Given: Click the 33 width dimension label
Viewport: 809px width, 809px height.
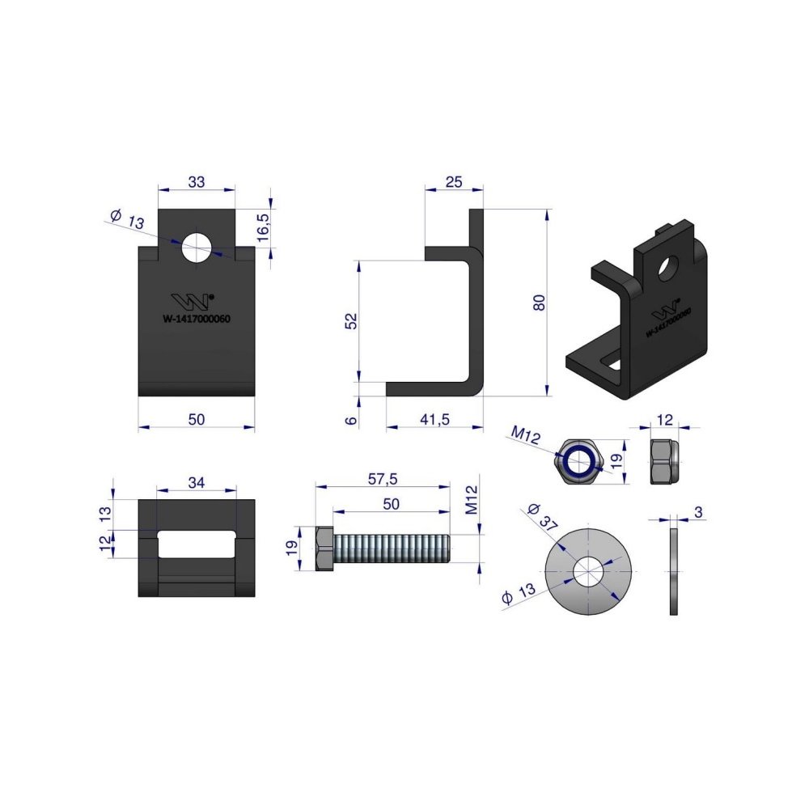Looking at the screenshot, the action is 197,181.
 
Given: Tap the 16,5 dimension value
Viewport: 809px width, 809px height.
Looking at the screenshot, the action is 263,227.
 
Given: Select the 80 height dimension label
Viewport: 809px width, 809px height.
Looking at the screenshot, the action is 539,302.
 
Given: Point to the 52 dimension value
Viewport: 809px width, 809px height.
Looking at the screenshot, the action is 351,321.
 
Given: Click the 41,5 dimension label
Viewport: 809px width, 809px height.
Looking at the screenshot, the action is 435,419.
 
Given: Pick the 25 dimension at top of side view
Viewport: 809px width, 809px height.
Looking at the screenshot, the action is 454,181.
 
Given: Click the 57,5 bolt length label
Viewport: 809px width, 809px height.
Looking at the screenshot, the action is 383,479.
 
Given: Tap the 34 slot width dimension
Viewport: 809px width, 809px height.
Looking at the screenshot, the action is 197,482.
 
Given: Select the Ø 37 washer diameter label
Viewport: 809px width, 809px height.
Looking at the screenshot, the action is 543,516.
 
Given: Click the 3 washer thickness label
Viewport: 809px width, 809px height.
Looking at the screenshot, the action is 699,512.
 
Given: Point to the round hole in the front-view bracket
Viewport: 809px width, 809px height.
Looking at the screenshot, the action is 197,248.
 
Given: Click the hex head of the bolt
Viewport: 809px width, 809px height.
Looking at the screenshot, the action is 324,549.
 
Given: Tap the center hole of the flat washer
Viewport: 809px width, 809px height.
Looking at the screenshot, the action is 588,572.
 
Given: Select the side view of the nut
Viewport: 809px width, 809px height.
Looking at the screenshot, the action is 664,461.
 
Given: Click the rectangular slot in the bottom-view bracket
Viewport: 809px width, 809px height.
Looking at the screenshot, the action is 197,544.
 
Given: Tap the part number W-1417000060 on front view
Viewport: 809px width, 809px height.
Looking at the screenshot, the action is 197,319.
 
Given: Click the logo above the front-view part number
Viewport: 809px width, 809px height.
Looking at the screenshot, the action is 193,301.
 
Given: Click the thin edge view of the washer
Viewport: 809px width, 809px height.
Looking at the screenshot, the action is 673,572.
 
